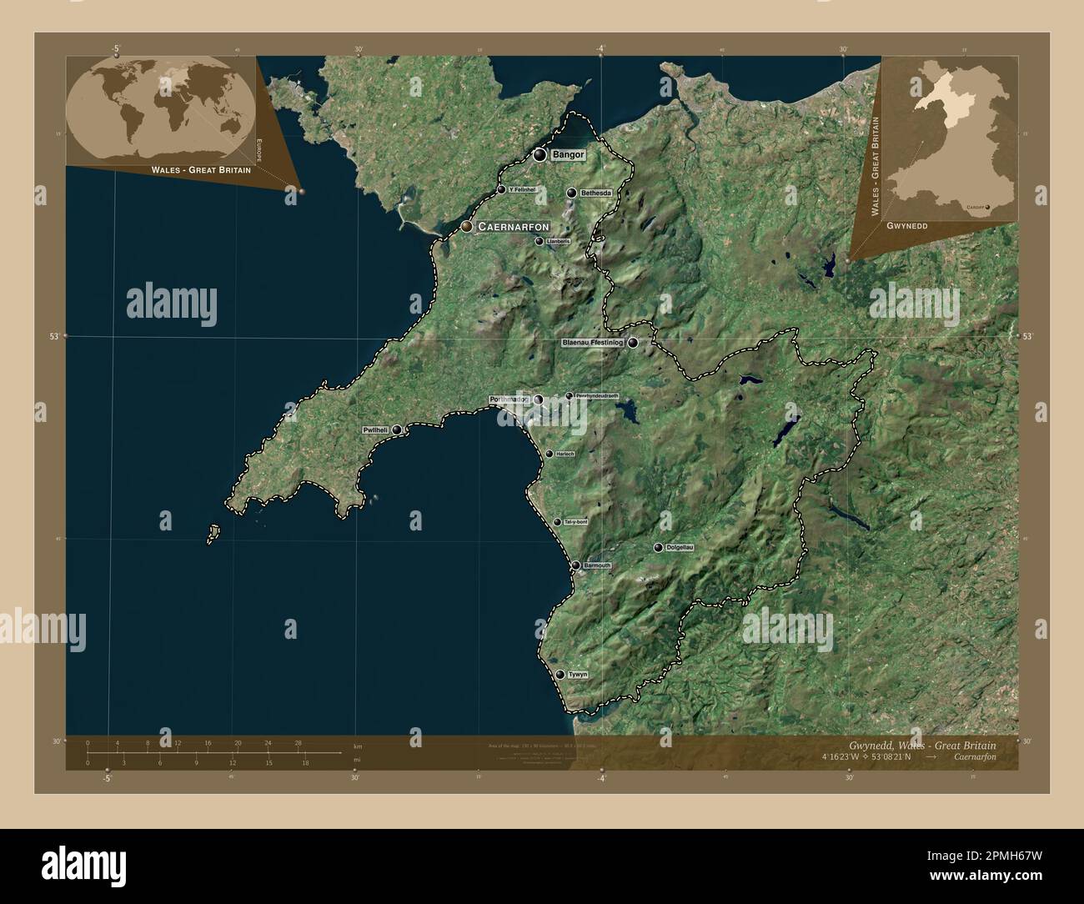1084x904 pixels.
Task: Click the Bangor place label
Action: coord(568,155)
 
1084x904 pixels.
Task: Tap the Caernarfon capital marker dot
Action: coord(468,226)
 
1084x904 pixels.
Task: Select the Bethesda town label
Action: coord(595,193)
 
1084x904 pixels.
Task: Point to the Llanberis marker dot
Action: coord(539,241)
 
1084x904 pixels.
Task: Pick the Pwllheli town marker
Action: coord(397,429)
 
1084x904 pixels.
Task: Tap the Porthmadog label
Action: coord(509,400)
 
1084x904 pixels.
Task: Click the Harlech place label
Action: coord(565,454)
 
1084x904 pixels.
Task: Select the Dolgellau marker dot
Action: coord(659,547)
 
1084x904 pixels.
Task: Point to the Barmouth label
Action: coord(597,565)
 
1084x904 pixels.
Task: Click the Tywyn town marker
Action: coord(560,674)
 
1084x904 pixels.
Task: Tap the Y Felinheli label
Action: coord(521,189)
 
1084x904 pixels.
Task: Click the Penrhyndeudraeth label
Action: coord(597,396)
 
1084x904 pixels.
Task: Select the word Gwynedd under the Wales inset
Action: coord(906,226)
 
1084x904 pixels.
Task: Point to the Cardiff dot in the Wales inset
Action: coord(989,207)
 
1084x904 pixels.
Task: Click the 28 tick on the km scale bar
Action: coord(298,742)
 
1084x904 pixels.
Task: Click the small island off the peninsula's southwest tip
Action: coord(213,531)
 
